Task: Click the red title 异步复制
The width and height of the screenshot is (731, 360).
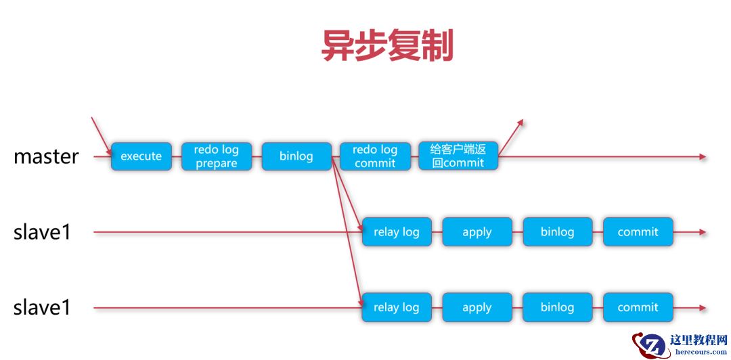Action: tap(387, 47)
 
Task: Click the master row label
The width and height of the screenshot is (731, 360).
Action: tap(46, 156)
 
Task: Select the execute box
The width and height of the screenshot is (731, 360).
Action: tap(141, 156)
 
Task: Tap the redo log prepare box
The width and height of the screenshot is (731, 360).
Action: tap(216, 156)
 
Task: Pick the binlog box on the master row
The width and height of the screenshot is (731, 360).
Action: tap(296, 156)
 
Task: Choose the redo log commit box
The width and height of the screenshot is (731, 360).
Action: tap(374, 156)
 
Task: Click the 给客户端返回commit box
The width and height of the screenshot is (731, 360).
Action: tap(458, 156)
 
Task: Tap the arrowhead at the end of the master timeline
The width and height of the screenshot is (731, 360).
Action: tap(703, 157)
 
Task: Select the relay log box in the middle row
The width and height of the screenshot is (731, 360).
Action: tap(396, 232)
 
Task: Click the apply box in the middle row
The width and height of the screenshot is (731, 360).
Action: tap(477, 232)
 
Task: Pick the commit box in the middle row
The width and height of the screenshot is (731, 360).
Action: tap(637, 232)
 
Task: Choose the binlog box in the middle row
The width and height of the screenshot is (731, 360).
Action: tap(557, 232)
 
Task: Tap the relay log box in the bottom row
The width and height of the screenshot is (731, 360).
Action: tap(396, 307)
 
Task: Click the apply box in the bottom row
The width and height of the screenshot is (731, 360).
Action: tap(477, 307)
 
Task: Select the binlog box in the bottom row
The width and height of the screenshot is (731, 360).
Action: tap(557, 307)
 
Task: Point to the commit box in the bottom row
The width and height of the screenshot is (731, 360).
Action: tap(637, 307)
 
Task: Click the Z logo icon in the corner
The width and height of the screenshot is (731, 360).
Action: tap(649, 345)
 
